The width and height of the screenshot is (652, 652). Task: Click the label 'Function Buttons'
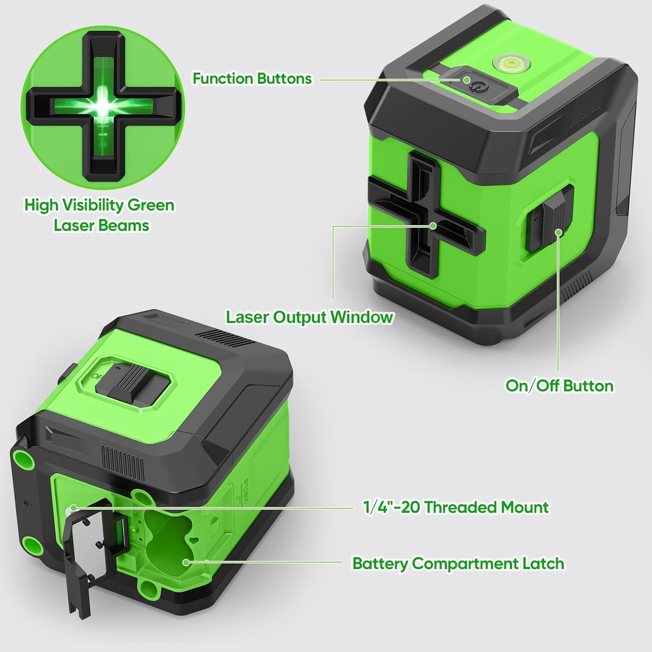[x=252, y=79]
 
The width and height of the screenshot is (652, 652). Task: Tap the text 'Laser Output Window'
[x=309, y=317]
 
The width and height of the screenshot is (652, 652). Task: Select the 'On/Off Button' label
[x=559, y=386]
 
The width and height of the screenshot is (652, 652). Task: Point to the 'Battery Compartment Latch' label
[x=458, y=563]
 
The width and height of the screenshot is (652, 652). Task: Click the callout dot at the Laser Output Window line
[x=433, y=226]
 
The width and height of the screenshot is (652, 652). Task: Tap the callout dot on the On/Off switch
[x=559, y=232]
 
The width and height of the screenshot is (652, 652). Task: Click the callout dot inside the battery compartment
[x=186, y=562]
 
